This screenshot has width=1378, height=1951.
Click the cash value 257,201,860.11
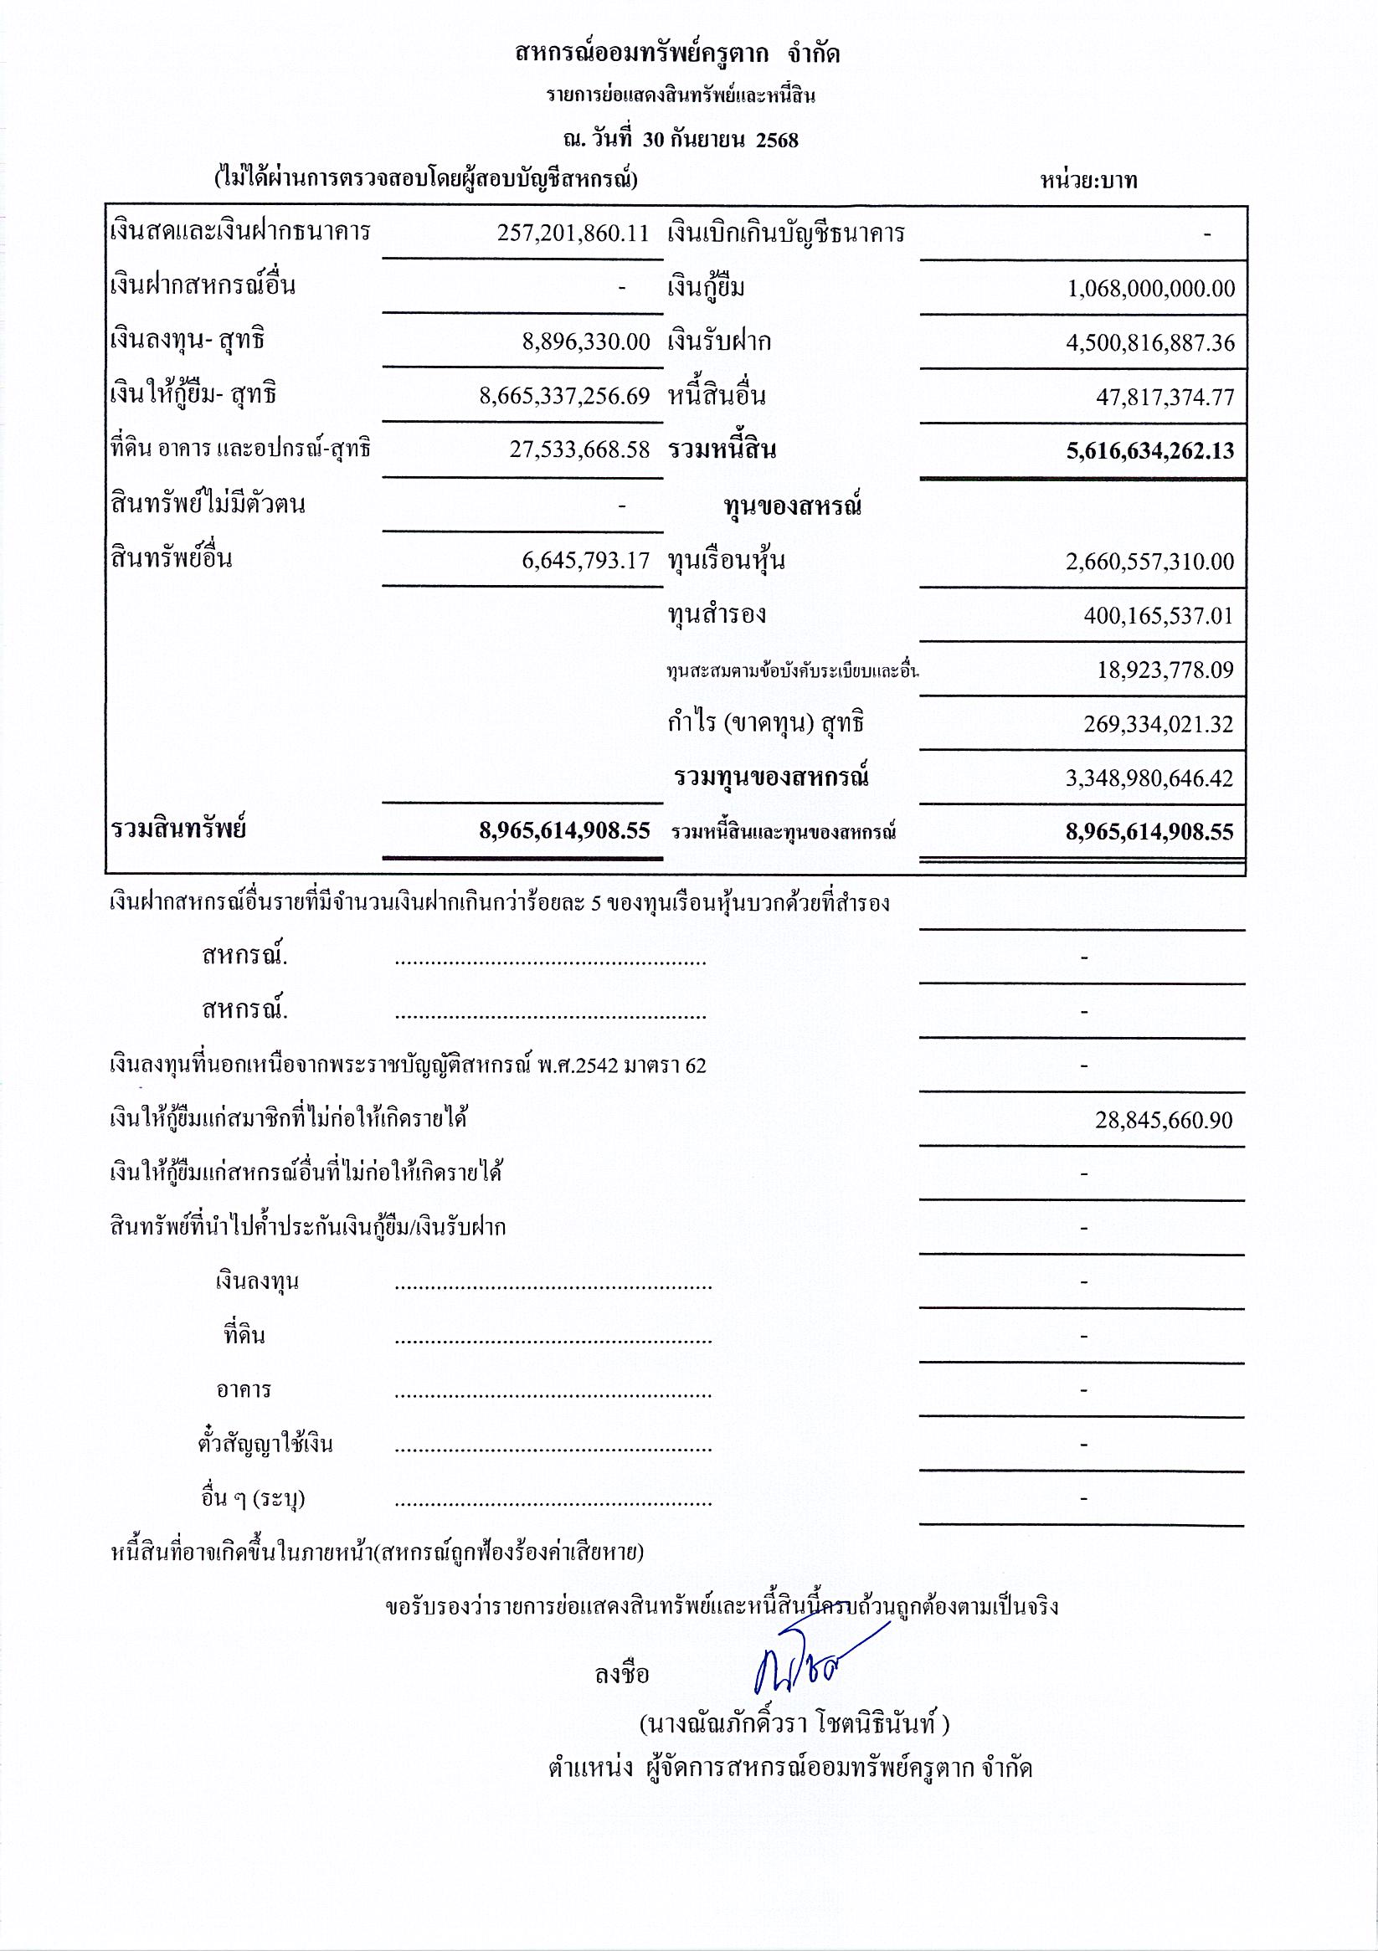point(573,233)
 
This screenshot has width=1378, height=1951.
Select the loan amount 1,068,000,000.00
point(1151,288)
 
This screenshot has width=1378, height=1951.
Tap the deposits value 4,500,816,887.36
point(1151,342)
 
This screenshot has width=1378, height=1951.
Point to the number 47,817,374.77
point(1165,397)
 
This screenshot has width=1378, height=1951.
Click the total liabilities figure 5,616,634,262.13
point(1150,450)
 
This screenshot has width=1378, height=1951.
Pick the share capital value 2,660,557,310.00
point(1150,562)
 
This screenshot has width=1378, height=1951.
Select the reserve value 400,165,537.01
point(1158,615)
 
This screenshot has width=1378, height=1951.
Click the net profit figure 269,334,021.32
point(1158,724)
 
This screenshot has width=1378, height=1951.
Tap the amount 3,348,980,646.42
point(1150,778)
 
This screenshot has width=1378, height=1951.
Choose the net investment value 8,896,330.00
point(586,342)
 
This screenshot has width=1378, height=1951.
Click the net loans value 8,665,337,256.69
point(564,396)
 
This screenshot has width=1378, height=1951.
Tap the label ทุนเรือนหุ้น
point(726,561)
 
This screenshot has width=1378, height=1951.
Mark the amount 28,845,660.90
point(1164,1120)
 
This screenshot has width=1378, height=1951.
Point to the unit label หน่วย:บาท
point(1089,181)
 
